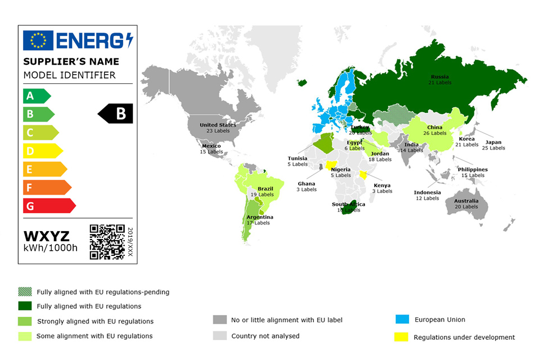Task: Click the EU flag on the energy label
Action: coord(38,40)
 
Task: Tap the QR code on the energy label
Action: coord(107,241)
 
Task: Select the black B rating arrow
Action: coord(116,114)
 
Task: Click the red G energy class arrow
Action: coord(48,206)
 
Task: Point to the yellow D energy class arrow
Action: coord(42,151)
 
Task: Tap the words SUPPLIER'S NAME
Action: coord(71,61)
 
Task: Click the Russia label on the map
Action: coord(440,77)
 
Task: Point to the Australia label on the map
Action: coord(466,201)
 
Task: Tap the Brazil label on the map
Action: coord(265,189)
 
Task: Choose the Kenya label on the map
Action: coord(382,185)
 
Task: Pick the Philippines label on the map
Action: coord(472,169)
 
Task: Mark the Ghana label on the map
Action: coord(307,183)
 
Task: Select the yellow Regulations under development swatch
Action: coord(401,337)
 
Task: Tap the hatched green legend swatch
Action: coord(25,292)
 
